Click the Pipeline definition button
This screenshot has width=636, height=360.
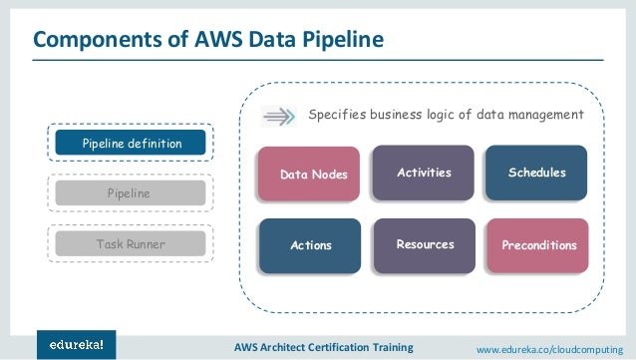click(131, 144)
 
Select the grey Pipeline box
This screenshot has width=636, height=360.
click(131, 192)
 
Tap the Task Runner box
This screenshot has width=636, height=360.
click(131, 242)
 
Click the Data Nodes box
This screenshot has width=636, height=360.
click(312, 175)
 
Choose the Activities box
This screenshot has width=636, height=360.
click(424, 173)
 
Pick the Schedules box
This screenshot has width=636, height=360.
click(535, 173)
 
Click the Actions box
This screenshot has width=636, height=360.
click(311, 245)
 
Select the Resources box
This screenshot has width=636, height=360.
click(424, 244)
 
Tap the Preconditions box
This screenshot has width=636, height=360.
click(535, 245)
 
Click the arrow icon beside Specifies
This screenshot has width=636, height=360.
click(279, 116)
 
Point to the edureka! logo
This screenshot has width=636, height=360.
click(77, 344)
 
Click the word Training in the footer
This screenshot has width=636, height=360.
click(392, 346)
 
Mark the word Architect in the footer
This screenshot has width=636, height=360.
click(270, 346)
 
